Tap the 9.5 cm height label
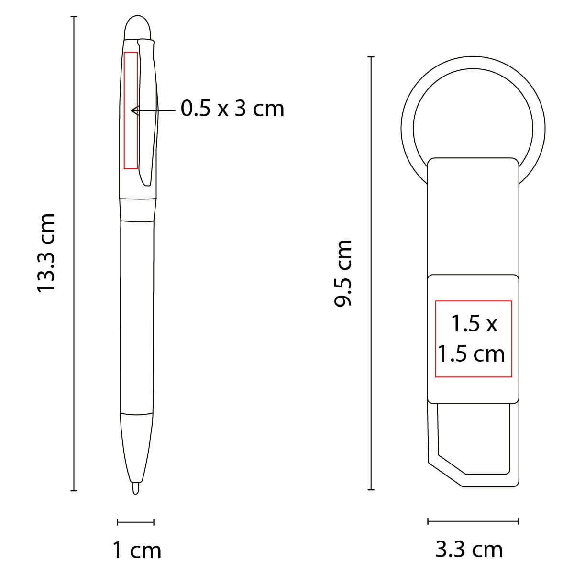pos(344,273)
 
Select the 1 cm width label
pos(137,551)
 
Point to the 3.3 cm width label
pos(469,550)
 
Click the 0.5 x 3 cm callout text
pos(232,109)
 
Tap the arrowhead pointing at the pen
pos(134,110)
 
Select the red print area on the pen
pos(131,110)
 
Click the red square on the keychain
pos(473,337)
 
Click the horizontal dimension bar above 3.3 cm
pos(473,521)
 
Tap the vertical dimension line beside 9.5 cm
pos(371,273)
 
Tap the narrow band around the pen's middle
pos(138,210)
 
